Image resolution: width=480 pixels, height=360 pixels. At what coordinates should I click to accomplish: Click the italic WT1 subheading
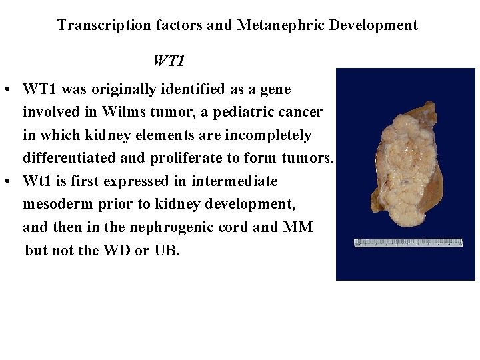pos(168,61)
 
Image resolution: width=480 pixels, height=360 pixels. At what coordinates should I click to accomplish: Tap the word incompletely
pos(271,135)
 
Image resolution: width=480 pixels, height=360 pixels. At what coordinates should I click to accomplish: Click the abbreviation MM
pos(298,227)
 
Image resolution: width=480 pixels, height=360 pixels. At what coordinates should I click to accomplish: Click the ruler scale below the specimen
pos(407,243)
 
